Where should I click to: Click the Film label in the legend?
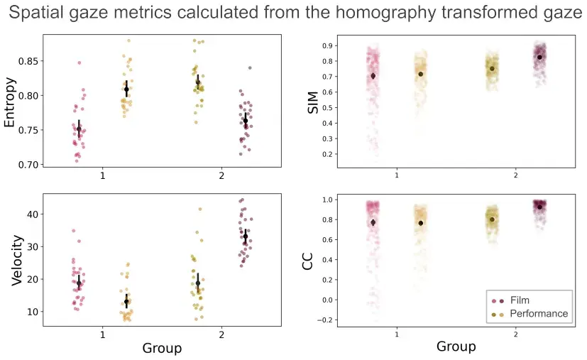(x=520, y=300)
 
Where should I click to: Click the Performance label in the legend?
(x=539, y=313)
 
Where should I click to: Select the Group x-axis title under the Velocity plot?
(x=162, y=348)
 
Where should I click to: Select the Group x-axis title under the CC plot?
(x=456, y=347)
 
